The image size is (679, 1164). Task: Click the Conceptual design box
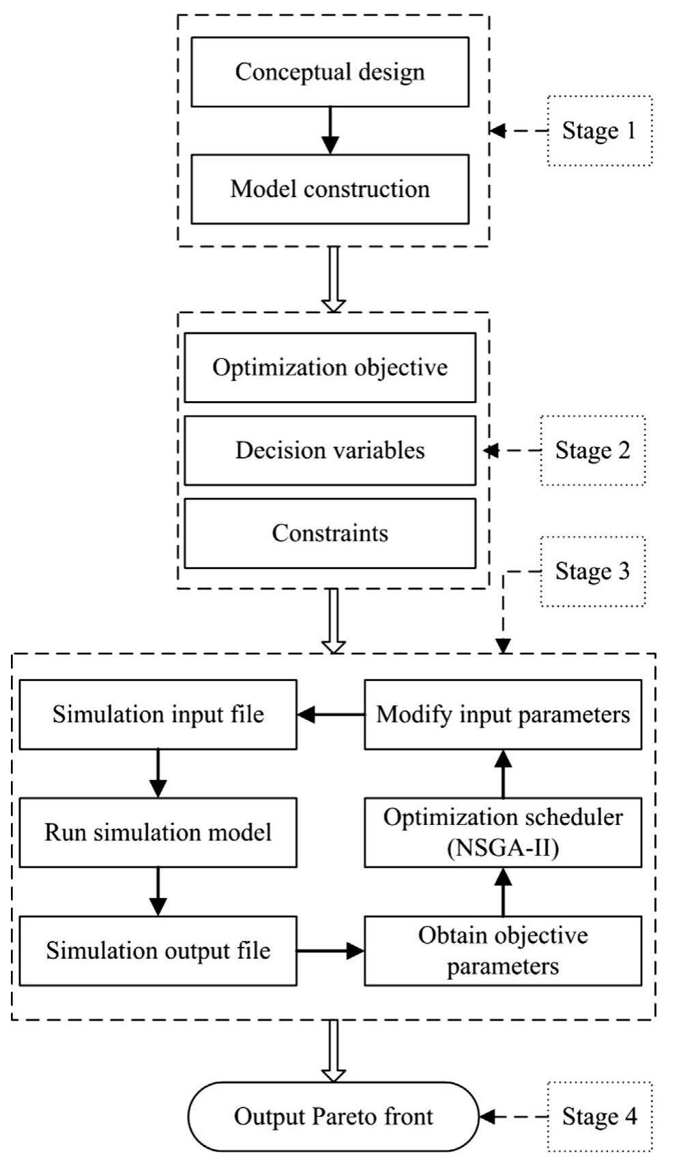pyautogui.click(x=330, y=72)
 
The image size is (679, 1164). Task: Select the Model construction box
pyautogui.click(x=330, y=189)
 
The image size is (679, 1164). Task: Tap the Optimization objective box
pyautogui.click(x=330, y=368)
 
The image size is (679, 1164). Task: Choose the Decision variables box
pyautogui.click(x=330, y=450)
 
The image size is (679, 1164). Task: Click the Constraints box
pyautogui.click(x=330, y=533)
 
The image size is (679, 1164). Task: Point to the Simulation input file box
pyautogui.click(x=158, y=714)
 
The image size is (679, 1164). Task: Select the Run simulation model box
pyautogui.click(x=158, y=832)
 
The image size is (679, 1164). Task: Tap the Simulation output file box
pyautogui.click(x=158, y=950)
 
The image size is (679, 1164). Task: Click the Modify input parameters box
pyautogui.click(x=503, y=714)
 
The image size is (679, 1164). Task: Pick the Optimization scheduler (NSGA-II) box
pyautogui.click(x=503, y=832)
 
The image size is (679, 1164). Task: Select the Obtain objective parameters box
pyautogui.click(x=503, y=950)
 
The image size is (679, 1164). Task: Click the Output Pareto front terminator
pyautogui.click(x=334, y=1116)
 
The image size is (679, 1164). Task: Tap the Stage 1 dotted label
pyautogui.click(x=599, y=130)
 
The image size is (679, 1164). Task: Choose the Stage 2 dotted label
pyautogui.click(x=592, y=450)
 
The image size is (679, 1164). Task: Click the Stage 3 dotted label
pyautogui.click(x=592, y=571)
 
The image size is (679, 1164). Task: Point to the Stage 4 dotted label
pyautogui.click(x=599, y=1116)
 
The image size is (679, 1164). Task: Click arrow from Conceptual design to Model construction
pyautogui.click(x=330, y=130)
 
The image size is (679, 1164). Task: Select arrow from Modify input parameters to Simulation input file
pyautogui.click(x=331, y=714)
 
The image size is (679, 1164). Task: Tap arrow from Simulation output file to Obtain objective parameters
pyautogui.click(x=331, y=950)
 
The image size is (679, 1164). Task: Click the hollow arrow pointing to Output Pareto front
pyautogui.click(x=334, y=1051)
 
